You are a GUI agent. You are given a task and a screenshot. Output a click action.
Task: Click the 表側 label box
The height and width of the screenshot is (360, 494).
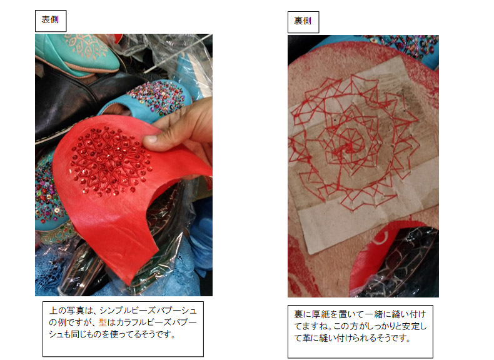pyautogui.click(x=51, y=21)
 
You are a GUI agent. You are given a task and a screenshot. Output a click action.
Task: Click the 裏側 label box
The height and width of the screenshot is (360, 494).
pyautogui.click(x=303, y=22)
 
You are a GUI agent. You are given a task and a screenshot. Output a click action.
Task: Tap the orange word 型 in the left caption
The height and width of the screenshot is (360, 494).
pyautogui.click(x=103, y=322)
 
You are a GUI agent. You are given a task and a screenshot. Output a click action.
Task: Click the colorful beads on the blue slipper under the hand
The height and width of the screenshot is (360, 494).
pyautogui.click(x=156, y=96)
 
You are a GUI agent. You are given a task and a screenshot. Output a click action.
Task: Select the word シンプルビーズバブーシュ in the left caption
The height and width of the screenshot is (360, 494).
pyautogui.click(x=148, y=311)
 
